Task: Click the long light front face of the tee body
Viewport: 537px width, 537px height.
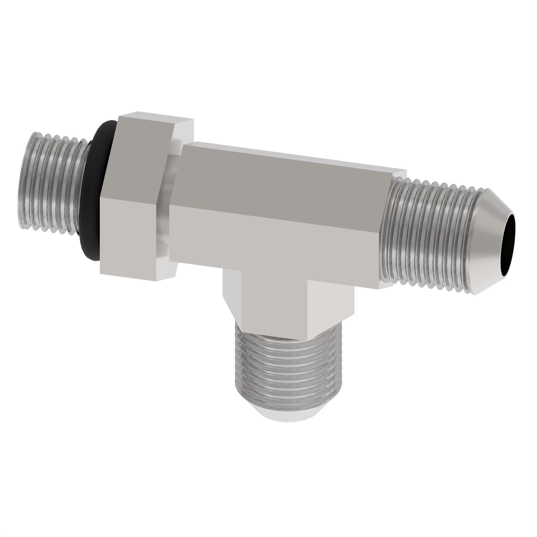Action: [x=272, y=245]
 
